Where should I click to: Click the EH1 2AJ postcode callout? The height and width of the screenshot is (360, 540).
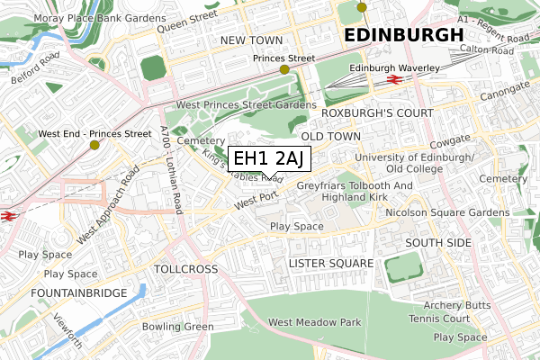click(269, 158)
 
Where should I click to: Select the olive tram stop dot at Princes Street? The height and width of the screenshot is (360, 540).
click(284, 69)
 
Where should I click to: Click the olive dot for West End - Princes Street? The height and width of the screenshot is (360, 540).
click(94, 144)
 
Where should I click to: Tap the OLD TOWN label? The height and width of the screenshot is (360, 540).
click(330, 136)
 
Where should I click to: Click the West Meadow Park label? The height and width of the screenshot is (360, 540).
click(314, 322)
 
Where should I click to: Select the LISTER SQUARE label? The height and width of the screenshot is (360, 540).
click(330, 262)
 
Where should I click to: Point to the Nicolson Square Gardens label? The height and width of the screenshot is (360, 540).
click(446, 212)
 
